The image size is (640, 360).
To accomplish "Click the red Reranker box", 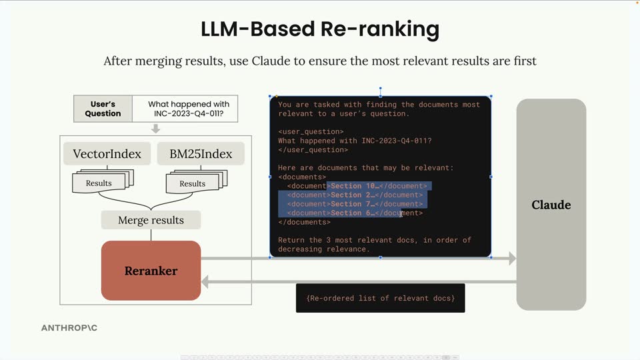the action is point(151,271).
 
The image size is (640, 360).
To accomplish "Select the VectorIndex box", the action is point(107,154).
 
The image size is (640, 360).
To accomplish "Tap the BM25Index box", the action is point(201,154).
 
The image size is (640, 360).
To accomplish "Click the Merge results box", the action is point(151,220).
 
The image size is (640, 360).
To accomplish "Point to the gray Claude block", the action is point(551,205).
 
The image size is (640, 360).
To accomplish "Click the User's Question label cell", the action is point(103,109).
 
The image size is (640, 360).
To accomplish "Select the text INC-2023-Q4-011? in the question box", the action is point(189,113).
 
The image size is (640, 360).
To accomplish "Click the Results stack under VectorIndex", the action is point(103,181).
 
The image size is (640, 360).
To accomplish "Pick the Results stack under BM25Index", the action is point(197,181).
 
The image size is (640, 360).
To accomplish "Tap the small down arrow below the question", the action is point(155,129).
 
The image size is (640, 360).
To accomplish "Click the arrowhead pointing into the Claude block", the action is point(512,258).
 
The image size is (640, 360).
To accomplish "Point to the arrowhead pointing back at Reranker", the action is point(205,281).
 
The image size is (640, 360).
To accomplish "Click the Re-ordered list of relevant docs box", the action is point(381,298).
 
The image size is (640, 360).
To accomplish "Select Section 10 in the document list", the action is point(353,186).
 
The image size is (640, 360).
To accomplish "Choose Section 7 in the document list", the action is point(351,204).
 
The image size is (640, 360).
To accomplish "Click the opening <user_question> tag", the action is point(311,132).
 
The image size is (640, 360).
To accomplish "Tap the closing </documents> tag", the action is point(304,222).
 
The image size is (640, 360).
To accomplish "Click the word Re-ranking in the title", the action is point(380,29).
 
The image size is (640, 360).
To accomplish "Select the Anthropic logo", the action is point(69,328).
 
